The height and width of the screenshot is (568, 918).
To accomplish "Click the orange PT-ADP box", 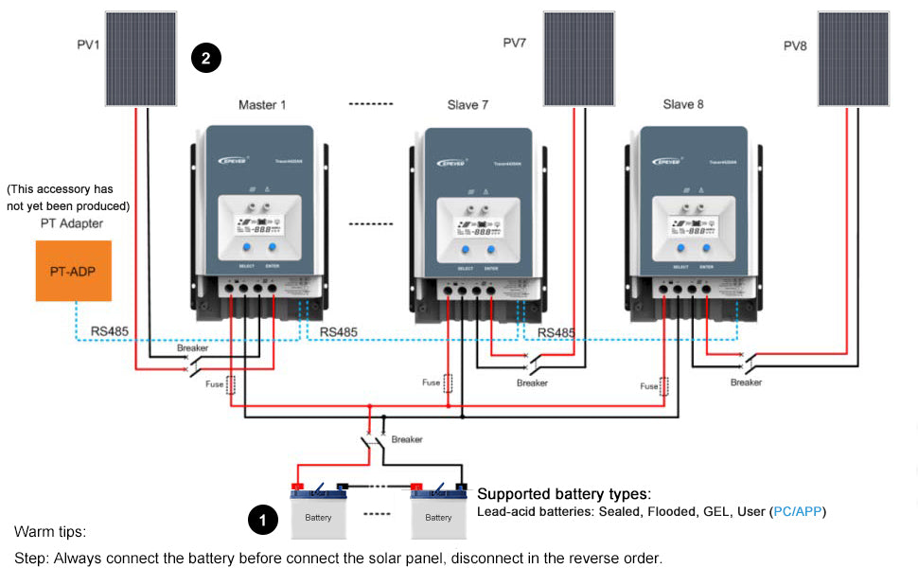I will [73, 271].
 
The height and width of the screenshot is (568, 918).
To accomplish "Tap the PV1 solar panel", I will [139, 59].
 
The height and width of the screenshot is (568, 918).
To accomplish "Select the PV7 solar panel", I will [578, 59].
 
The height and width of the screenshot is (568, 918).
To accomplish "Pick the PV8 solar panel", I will [853, 59].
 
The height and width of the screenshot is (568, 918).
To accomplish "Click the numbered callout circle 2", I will [205, 59].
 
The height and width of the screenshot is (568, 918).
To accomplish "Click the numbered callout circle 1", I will [262, 519].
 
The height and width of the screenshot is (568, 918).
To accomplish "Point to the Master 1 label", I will [262, 104].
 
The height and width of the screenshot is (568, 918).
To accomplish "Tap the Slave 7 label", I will [468, 104].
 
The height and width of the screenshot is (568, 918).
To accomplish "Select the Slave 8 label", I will [682, 104].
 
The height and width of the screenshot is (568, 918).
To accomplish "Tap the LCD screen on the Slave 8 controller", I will [687, 228].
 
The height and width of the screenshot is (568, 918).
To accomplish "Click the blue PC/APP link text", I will [798, 512].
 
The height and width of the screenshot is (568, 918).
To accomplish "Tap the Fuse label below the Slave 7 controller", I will [431, 382].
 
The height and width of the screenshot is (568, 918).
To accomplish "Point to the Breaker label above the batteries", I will [407, 439].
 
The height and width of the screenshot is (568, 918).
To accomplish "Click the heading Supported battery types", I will [563, 494].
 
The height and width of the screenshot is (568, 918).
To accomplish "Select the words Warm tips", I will [49, 532].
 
